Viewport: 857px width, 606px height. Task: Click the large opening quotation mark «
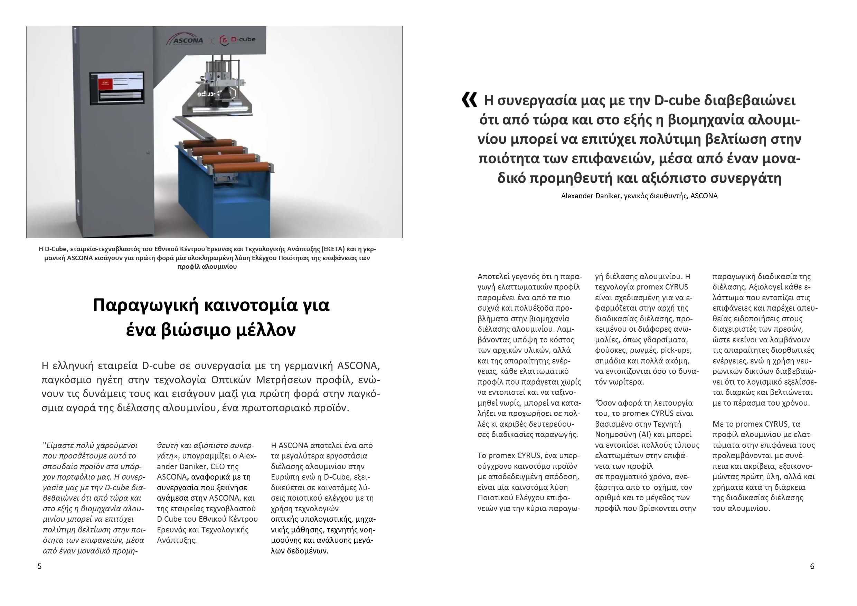pyautogui.click(x=469, y=100)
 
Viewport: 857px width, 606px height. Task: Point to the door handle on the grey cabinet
pyautogui.click(x=148, y=153)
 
